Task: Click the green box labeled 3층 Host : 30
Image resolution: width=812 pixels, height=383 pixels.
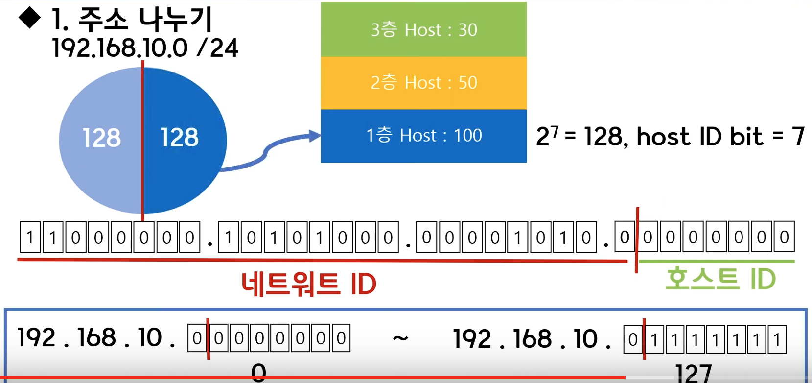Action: tap(423, 30)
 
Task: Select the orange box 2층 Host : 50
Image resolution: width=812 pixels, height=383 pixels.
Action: tap(423, 83)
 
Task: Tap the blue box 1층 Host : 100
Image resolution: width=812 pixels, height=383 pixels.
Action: tap(423, 136)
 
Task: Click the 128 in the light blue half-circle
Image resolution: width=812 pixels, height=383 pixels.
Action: tap(101, 138)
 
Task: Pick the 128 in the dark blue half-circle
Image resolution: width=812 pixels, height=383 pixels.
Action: tap(180, 137)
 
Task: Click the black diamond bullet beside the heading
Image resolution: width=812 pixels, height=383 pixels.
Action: tap(29, 18)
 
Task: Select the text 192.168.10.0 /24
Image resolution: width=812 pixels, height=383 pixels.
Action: tap(145, 48)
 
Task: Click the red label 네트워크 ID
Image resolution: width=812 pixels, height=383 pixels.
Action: tap(309, 284)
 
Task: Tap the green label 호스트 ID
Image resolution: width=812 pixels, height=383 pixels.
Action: tap(720, 279)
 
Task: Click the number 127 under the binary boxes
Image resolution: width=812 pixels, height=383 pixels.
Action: tap(694, 374)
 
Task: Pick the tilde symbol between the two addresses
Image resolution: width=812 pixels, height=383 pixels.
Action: tap(400, 338)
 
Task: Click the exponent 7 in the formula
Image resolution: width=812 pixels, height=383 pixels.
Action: tap(554, 130)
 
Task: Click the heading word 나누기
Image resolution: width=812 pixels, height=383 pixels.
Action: tap(176, 20)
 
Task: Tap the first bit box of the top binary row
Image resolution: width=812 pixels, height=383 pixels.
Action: tap(30, 238)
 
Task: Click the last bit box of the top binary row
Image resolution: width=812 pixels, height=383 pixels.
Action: tap(784, 237)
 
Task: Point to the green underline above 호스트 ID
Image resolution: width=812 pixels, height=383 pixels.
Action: tap(717, 262)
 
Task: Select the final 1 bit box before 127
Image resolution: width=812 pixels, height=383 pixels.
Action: tap(777, 339)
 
